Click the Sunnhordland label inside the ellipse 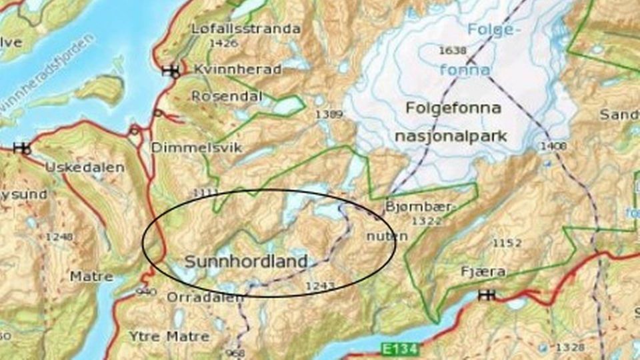tap(246, 261)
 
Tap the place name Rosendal tap(227, 96)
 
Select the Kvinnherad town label tap(237, 69)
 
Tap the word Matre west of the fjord tap(87, 275)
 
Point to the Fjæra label tap(483, 272)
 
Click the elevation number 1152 tap(507, 243)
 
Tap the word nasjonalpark tap(451, 137)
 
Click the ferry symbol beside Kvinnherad tap(171, 71)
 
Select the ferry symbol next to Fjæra tap(487, 295)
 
